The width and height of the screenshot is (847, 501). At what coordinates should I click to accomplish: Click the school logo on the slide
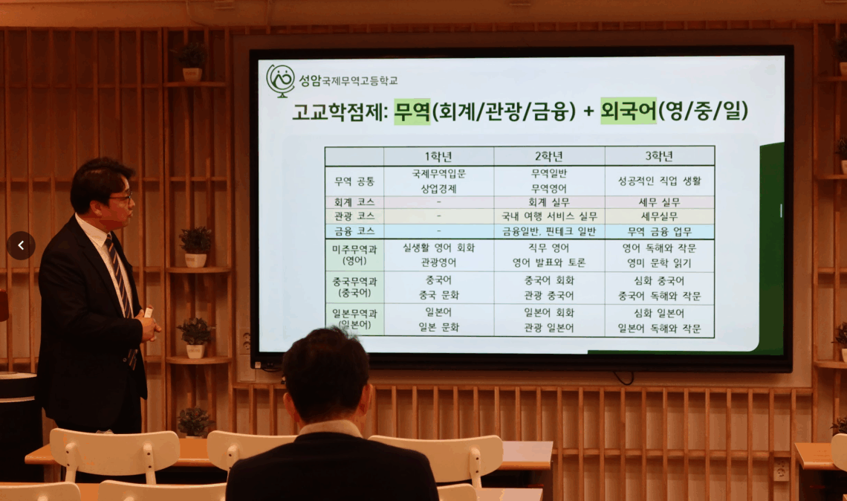(280, 81)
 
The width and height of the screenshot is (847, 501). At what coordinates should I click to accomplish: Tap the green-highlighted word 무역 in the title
(412, 111)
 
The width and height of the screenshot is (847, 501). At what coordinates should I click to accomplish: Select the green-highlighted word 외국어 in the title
(629, 111)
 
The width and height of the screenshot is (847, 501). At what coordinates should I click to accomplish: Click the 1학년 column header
(438, 156)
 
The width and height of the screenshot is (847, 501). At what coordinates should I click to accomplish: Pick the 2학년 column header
(549, 156)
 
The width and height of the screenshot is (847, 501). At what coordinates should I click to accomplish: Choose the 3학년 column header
(659, 156)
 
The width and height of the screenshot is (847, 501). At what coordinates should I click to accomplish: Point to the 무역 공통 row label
(354, 181)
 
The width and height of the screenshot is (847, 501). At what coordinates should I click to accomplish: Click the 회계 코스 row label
(354, 202)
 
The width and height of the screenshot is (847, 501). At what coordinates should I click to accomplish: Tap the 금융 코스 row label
(354, 231)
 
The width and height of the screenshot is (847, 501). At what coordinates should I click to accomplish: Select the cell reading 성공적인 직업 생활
(660, 181)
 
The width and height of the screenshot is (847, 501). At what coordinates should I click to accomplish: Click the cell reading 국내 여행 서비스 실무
(549, 216)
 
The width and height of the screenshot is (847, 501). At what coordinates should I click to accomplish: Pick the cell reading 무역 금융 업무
(660, 231)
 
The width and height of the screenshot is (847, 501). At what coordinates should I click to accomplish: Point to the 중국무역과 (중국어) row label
(354, 287)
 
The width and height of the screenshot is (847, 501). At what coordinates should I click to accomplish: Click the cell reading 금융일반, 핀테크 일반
(549, 231)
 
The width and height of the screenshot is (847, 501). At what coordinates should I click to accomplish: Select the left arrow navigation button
(21, 245)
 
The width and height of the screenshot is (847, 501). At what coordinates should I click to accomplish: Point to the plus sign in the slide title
(588, 111)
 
